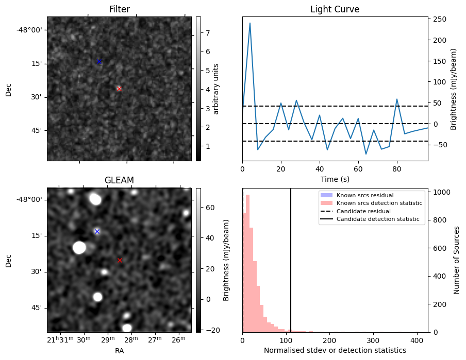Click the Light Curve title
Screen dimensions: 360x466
[x=335, y=9]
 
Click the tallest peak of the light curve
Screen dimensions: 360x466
[x=250, y=23]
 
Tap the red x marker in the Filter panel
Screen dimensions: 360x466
[x=119, y=89]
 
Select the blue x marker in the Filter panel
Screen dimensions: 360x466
[x=99, y=61]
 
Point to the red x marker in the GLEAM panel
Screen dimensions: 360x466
[x=120, y=260]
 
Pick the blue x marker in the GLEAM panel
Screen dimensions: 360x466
[x=97, y=231]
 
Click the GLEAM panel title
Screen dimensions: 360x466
[x=119, y=180]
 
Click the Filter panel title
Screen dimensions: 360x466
[x=119, y=9]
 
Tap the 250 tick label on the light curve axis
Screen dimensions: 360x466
[x=440, y=19]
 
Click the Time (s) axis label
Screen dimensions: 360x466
[x=335, y=178]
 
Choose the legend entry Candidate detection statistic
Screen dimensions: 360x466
[x=379, y=219]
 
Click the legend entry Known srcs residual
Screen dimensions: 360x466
[x=365, y=195]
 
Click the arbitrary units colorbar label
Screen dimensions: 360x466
[x=216, y=89]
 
